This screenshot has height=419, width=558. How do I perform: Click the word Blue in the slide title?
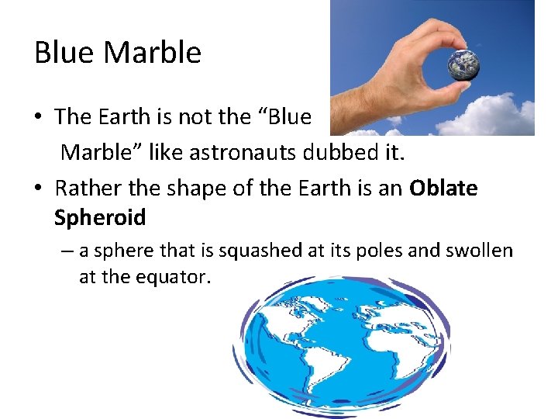pos(65,53)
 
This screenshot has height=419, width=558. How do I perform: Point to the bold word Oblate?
pos(443,189)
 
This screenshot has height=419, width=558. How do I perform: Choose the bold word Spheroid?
pos(100,217)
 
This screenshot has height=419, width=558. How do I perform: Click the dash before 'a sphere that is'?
pos(71,251)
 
